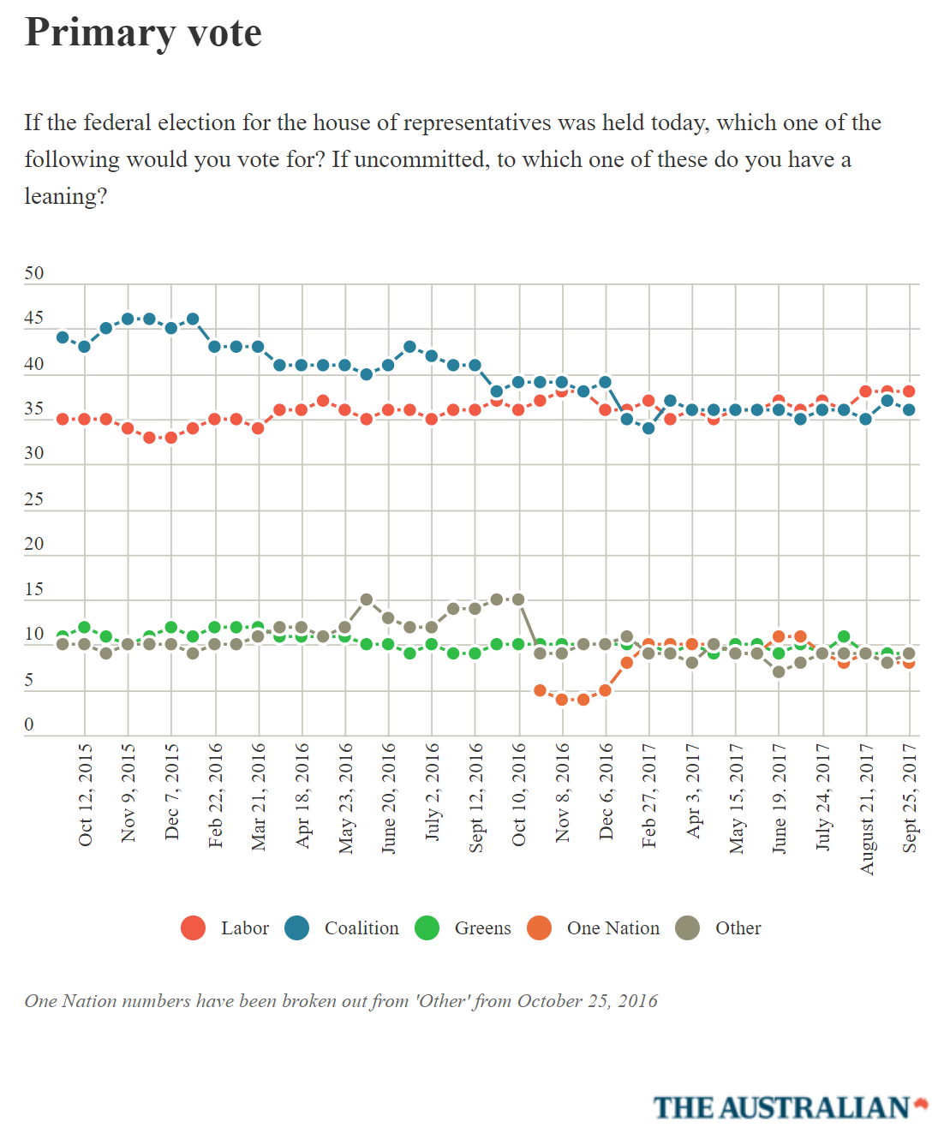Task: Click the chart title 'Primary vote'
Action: click(143, 33)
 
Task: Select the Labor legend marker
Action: click(194, 927)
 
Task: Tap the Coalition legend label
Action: click(361, 928)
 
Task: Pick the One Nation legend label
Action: click(613, 928)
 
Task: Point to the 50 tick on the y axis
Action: click(34, 273)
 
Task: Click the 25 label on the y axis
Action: click(34, 498)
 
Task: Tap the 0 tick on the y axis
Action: click(29, 725)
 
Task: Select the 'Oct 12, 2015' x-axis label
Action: click(85, 795)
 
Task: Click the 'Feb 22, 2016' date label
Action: click(215, 795)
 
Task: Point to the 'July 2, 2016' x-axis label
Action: click(432, 791)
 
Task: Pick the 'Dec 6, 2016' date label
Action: click(606, 791)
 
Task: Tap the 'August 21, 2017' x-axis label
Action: click(867, 809)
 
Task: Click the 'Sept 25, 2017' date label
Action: click(910, 798)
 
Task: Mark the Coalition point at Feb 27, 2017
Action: click(648, 428)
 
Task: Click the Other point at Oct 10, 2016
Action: click(518, 599)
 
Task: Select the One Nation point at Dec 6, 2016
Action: click(606, 690)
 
